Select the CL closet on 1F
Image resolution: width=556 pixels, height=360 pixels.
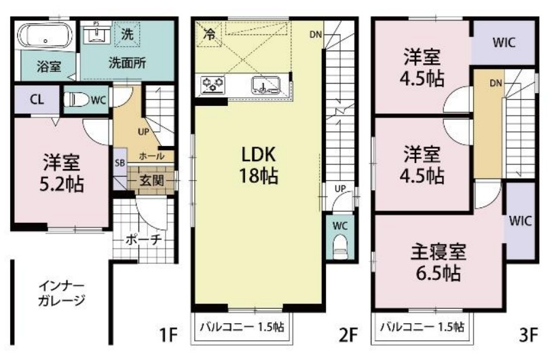point(36,99)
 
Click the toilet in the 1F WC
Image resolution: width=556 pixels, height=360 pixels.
point(79,100)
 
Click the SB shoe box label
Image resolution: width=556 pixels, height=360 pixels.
point(119,163)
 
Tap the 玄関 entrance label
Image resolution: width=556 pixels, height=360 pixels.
point(151,181)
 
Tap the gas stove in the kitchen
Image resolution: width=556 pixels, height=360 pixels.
point(214,86)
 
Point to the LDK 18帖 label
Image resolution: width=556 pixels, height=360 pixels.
point(258,164)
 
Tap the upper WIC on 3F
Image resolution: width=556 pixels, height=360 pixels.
point(503,42)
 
